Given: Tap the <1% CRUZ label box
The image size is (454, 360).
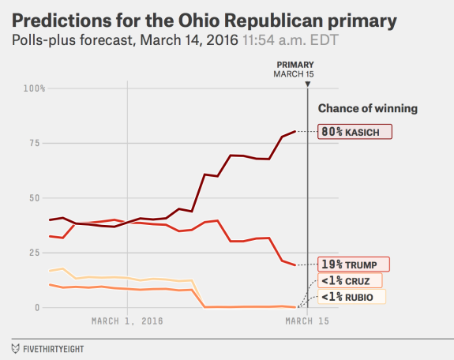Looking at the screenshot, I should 349,280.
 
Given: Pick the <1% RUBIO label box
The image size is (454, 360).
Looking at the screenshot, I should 351,297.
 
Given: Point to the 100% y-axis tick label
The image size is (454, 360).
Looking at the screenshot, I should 34,88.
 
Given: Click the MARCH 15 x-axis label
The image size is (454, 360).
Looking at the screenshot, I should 306,321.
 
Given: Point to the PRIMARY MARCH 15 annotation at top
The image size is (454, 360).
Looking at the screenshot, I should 295,69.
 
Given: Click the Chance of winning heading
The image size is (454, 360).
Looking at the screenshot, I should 367,108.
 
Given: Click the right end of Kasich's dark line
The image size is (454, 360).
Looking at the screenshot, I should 295,131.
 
